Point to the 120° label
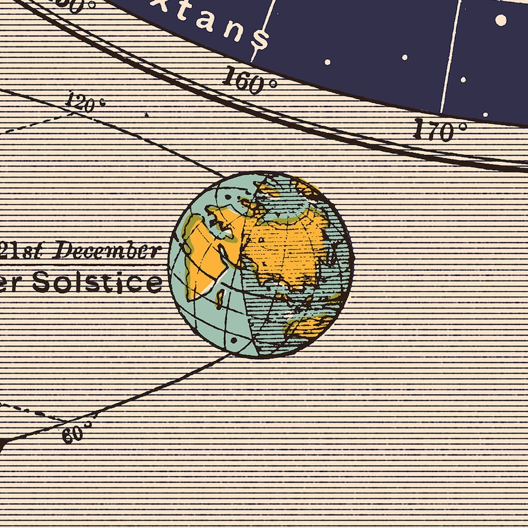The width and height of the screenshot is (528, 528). [86, 103]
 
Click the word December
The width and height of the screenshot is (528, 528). [107, 251]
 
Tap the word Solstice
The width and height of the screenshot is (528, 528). [97, 282]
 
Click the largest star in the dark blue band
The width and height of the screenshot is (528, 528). [501, 20]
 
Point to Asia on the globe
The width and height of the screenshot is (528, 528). [286, 246]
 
